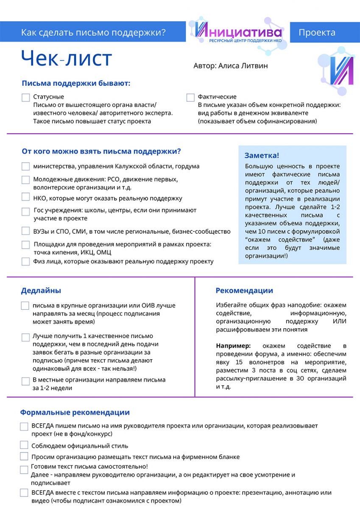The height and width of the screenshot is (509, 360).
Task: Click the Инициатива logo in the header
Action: point(238,33)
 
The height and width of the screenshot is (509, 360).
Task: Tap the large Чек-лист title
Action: point(66,58)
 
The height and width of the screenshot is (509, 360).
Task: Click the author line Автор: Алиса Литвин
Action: point(230,66)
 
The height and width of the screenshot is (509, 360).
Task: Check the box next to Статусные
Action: point(26,98)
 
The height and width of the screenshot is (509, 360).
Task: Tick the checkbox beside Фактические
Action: point(190,98)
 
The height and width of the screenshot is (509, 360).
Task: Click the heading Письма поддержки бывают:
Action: point(76,83)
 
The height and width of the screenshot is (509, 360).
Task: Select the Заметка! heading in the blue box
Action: point(262,156)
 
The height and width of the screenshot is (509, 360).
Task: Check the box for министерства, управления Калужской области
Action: point(26,167)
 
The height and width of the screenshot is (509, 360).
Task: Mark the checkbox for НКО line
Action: point(26,197)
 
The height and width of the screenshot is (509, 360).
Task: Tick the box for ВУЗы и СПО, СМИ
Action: point(26,231)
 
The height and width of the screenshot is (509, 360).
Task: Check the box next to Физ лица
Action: point(26,261)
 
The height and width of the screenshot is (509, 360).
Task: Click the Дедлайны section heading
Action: point(41,291)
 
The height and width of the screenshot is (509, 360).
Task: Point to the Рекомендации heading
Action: point(244,291)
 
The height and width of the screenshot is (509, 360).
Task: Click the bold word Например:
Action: point(233,346)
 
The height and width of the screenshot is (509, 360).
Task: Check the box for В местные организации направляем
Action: point(26,381)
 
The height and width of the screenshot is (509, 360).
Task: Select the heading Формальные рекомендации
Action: point(75,412)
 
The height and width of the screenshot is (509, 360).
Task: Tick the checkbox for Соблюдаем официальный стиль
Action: point(24,445)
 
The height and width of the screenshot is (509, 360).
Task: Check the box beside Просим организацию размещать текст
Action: point(24,456)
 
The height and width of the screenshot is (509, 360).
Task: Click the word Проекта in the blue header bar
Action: point(317,33)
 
